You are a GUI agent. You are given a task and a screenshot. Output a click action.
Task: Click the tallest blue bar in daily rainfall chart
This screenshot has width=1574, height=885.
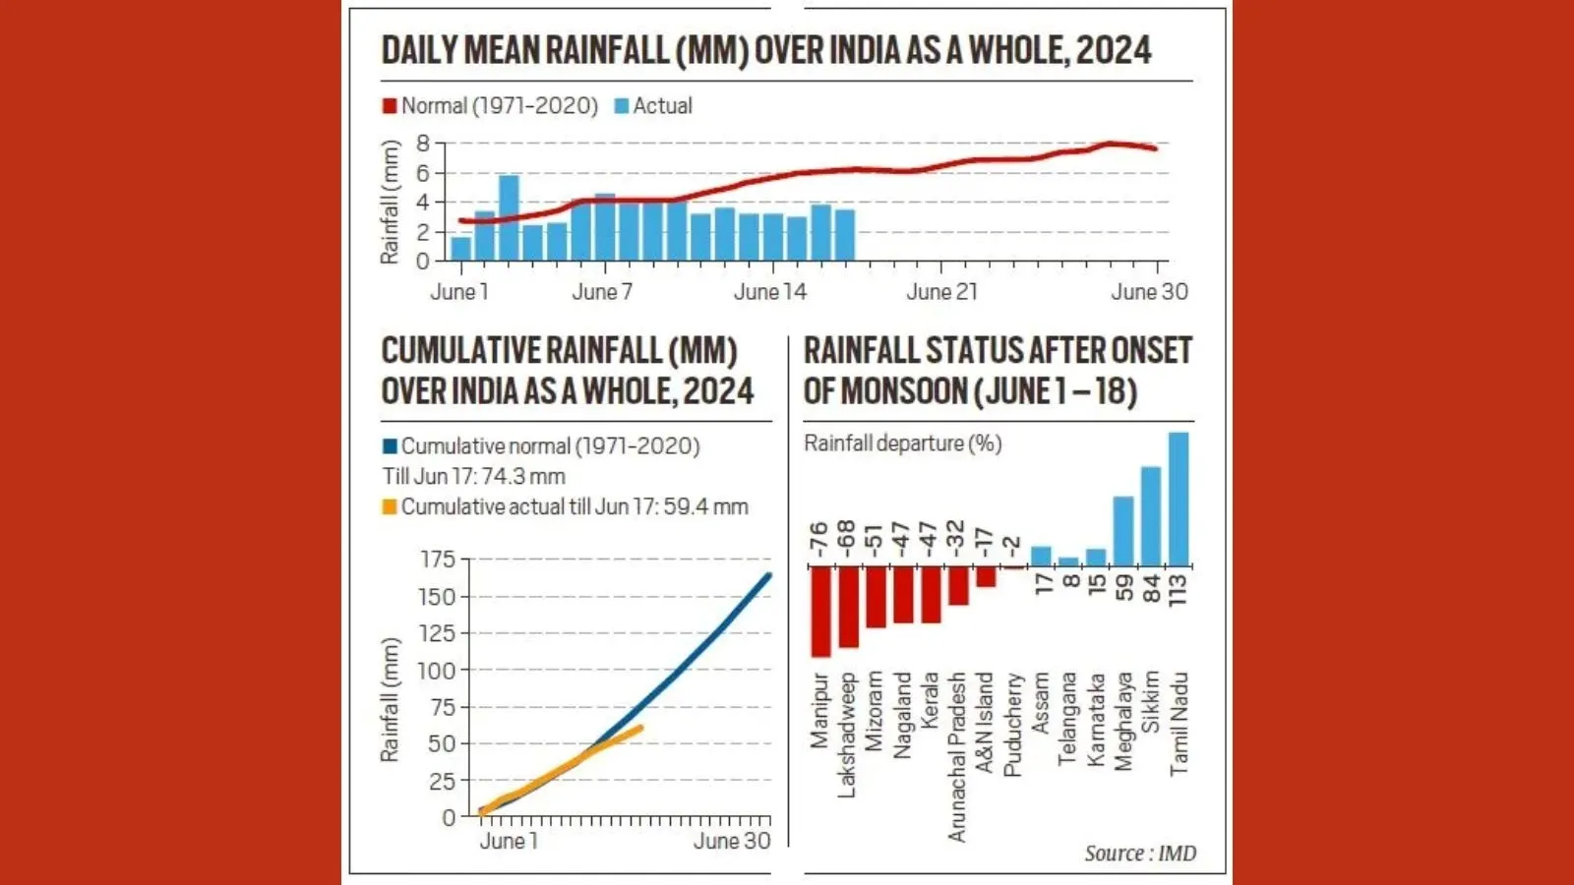(509, 217)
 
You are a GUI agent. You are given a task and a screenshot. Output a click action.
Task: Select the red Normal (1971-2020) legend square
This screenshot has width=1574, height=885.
(390, 106)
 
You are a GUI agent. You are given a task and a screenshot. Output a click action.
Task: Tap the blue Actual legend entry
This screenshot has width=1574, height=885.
(653, 106)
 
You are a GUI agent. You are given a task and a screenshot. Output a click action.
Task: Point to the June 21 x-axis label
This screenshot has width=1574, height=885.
(941, 292)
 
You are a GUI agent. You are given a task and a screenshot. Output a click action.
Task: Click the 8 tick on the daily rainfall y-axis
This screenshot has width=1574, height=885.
(423, 144)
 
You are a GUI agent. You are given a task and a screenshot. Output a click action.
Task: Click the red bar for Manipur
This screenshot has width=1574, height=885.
(820, 612)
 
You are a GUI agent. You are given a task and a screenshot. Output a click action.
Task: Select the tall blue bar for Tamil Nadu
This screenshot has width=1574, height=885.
(1178, 499)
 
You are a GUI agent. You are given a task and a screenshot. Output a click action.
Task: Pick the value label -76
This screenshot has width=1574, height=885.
(819, 540)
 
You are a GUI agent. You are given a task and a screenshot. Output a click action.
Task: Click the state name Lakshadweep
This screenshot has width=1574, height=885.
(847, 734)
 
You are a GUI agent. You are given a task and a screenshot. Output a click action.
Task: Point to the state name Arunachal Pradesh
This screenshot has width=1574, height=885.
(957, 756)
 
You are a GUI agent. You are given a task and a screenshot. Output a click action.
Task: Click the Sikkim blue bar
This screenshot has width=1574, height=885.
(1150, 516)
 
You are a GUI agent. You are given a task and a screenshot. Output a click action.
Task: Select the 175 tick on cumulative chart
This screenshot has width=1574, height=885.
(438, 560)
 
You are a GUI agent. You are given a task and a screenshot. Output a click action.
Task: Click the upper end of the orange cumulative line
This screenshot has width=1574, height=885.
(640, 728)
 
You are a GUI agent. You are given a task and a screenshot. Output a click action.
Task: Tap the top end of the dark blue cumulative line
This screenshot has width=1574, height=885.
(768, 575)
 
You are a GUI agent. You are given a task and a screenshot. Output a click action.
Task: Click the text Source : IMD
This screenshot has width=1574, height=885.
(1140, 854)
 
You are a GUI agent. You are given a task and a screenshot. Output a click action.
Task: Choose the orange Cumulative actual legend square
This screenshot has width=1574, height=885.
(390, 507)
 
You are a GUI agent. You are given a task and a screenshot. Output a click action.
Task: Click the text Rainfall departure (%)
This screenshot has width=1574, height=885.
(902, 443)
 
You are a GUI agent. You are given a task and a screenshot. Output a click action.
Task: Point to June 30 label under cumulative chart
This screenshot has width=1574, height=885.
(731, 842)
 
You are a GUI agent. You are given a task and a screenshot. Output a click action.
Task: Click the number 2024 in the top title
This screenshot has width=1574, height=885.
(1113, 50)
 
